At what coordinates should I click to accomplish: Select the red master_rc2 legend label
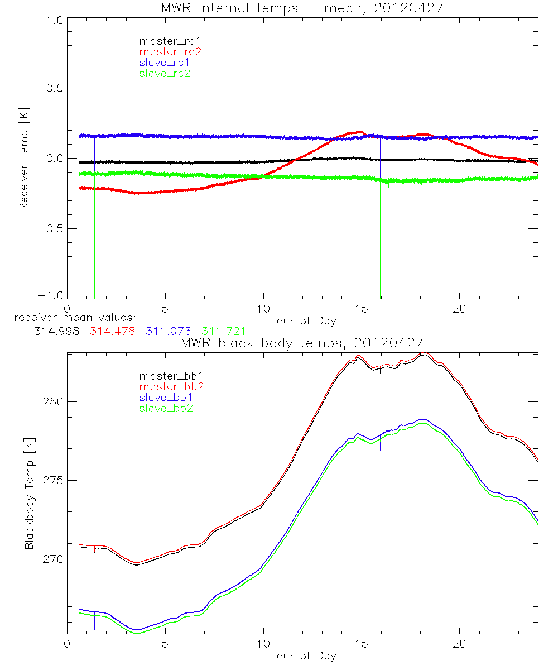(x=170, y=51)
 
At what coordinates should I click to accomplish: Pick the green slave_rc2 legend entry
(x=165, y=73)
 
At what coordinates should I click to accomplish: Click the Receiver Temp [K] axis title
(x=23, y=159)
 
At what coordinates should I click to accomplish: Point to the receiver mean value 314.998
(x=55, y=332)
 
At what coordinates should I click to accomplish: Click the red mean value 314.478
(x=112, y=332)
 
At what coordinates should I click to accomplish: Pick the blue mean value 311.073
(x=168, y=332)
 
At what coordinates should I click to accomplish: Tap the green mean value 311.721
(x=224, y=332)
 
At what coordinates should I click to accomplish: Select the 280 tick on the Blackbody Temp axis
(x=52, y=402)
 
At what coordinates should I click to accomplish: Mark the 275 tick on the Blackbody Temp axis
(x=52, y=481)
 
